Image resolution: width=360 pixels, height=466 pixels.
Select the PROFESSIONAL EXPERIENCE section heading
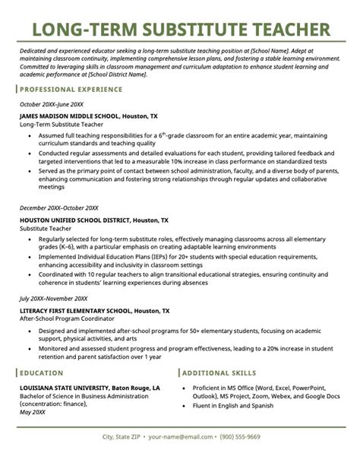(x=70, y=89)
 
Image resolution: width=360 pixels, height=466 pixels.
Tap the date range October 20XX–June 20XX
(x=52, y=103)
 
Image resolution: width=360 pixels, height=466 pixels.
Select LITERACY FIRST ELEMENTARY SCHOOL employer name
(x=78, y=290)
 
